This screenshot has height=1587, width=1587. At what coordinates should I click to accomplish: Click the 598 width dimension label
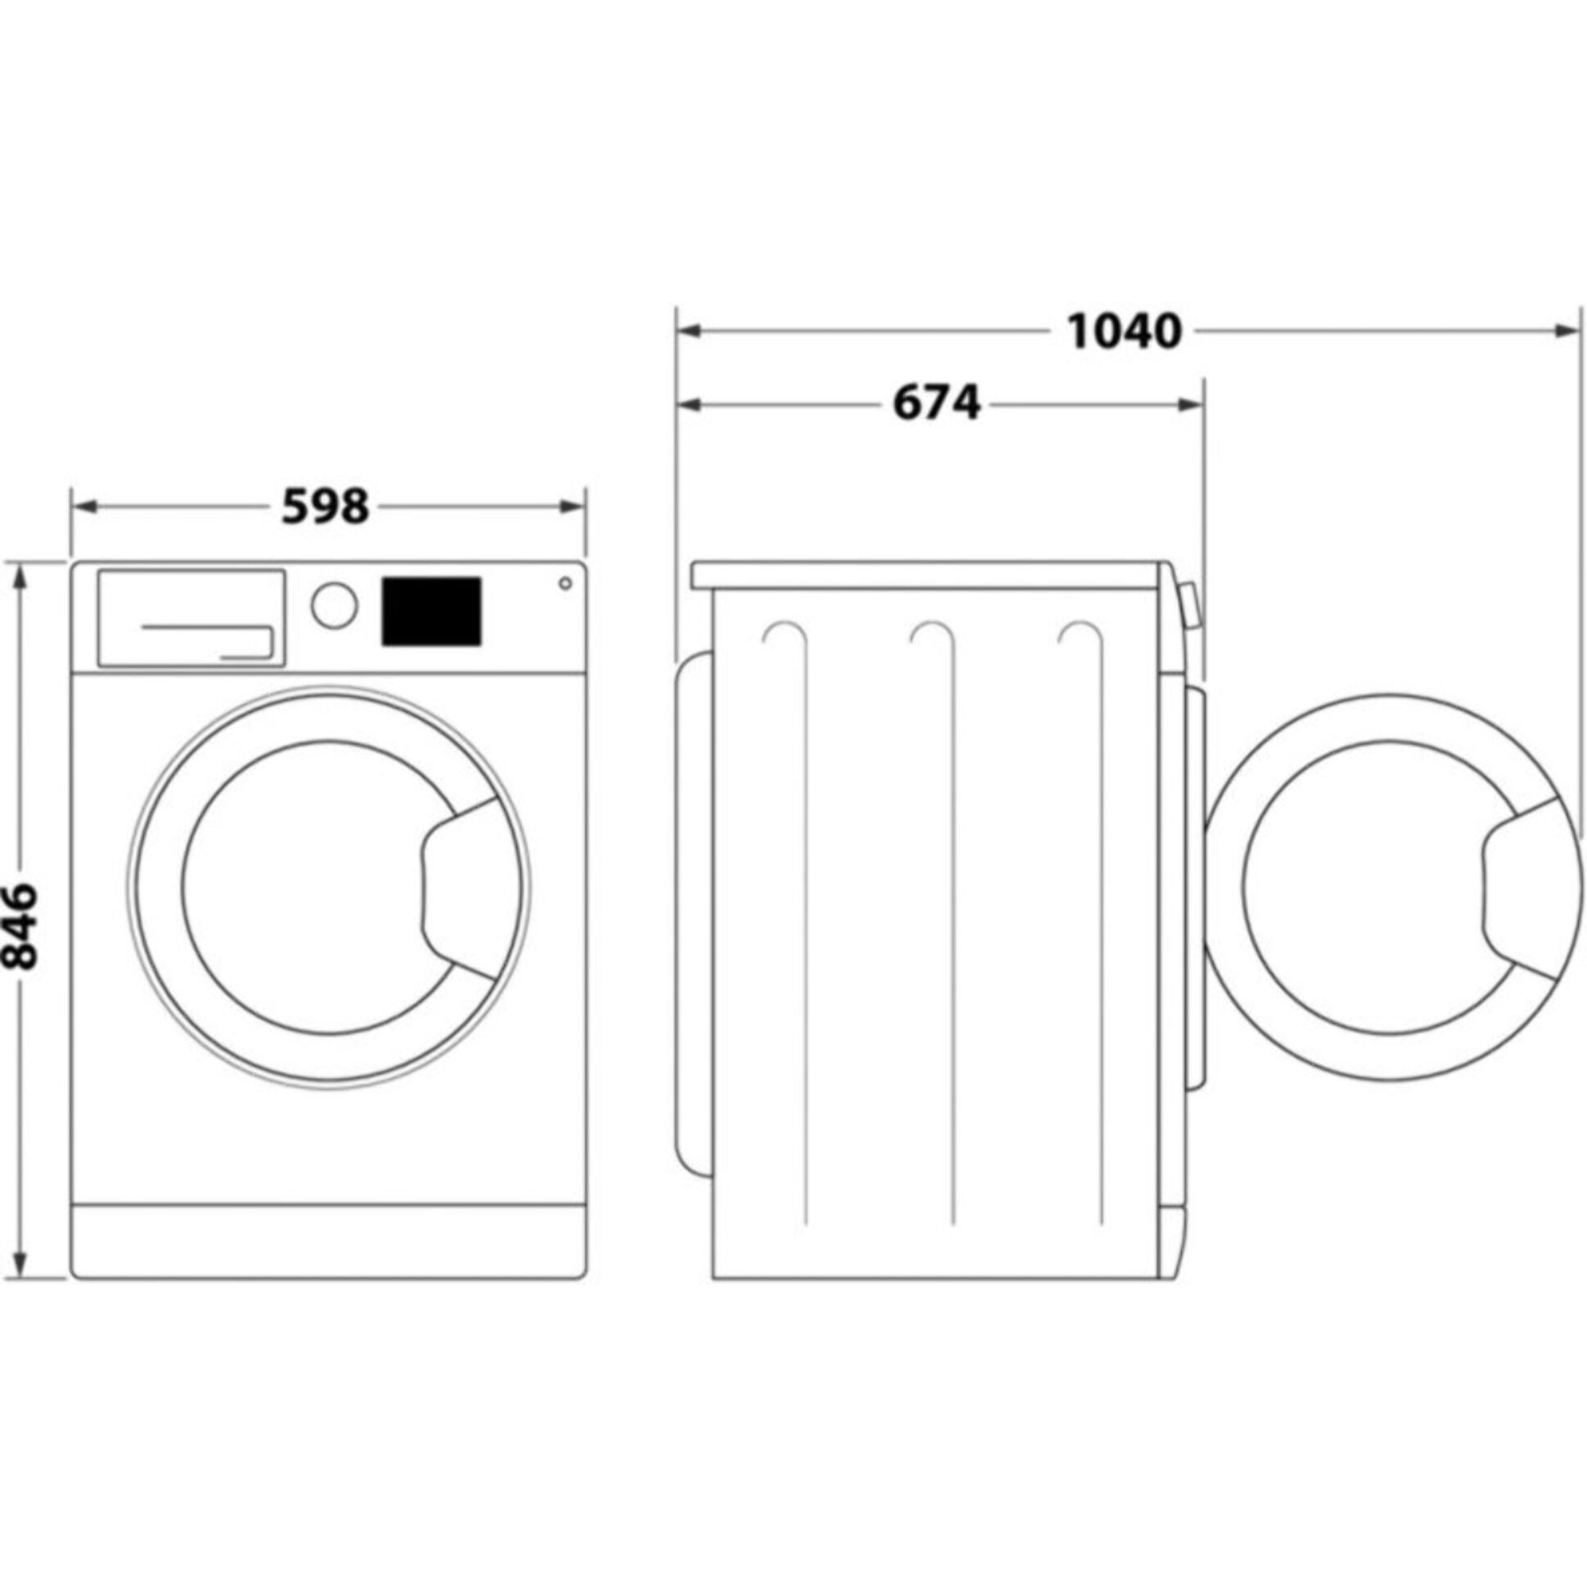coord(325,507)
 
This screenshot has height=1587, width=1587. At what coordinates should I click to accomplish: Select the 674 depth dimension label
coord(936,404)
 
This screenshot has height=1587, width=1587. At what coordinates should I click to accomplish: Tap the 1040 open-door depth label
coord(1124,331)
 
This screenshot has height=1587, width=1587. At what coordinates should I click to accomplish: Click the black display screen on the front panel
coord(431,611)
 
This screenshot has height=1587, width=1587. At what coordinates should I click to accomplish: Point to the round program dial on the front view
coord(334,606)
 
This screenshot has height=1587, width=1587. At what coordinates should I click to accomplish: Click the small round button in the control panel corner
coord(565,584)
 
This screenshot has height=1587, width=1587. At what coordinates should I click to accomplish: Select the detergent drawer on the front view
coord(192,618)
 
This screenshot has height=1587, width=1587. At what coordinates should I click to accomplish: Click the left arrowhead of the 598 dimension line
coord(84,507)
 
